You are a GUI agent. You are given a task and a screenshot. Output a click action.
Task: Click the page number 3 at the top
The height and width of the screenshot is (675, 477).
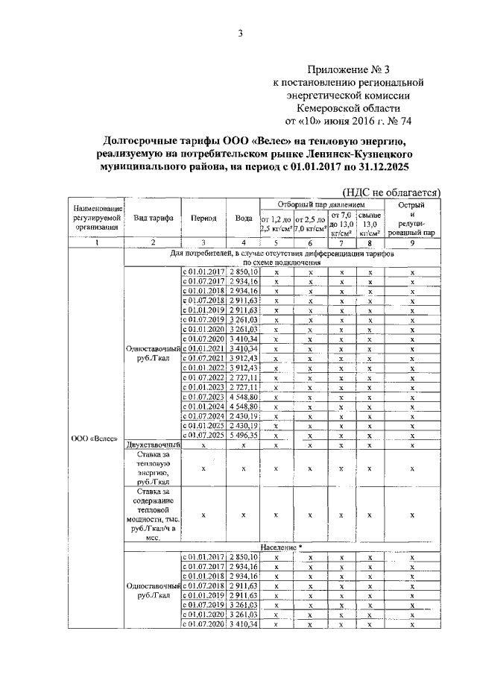(241, 32)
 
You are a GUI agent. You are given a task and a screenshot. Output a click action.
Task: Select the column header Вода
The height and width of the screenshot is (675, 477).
(243, 219)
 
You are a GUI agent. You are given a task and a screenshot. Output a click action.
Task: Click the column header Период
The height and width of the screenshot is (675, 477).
(203, 219)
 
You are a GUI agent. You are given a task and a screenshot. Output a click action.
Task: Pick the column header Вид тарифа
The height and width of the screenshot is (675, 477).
(154, 219)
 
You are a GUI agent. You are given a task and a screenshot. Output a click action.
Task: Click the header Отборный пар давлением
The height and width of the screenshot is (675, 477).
(321, 204)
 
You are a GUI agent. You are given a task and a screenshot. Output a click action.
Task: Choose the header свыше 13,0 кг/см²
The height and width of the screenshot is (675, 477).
(370, 223)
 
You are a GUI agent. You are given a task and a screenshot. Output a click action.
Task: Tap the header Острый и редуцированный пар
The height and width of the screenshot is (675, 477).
(411, 219)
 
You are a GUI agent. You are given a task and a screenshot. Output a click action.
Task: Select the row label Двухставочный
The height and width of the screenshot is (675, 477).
(152, 445)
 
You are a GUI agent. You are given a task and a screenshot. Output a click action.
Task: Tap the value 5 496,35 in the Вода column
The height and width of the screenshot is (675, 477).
(244, 434)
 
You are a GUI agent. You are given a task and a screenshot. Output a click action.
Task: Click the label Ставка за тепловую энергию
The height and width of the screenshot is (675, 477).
(153, 468)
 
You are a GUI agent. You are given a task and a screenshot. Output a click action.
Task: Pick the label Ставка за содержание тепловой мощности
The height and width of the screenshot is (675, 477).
(153, 514)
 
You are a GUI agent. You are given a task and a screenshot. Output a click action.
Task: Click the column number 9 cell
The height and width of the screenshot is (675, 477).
(411, 242)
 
